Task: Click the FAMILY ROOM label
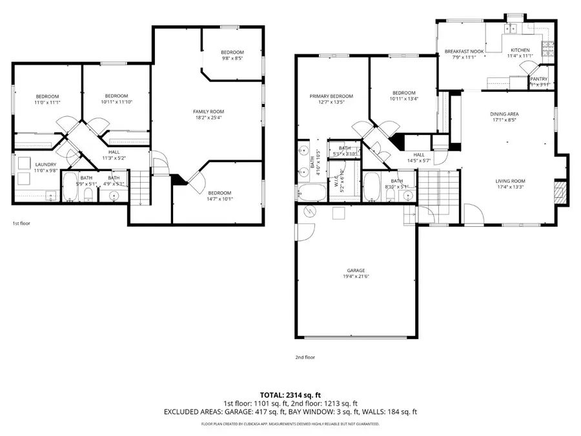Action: (x=209, y=112)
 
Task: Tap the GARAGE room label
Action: (x=356, y=270)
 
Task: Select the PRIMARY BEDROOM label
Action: (x=331, y=96)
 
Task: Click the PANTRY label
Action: (x=538, y=79)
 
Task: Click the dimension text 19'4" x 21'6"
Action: (x=356, y=276)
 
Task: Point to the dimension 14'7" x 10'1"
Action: (x=219, y=199)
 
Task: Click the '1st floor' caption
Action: (x=21, y=223)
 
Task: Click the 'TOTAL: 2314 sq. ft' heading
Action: (x=290, y=394)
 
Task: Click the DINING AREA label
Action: (x=504, y=114)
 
